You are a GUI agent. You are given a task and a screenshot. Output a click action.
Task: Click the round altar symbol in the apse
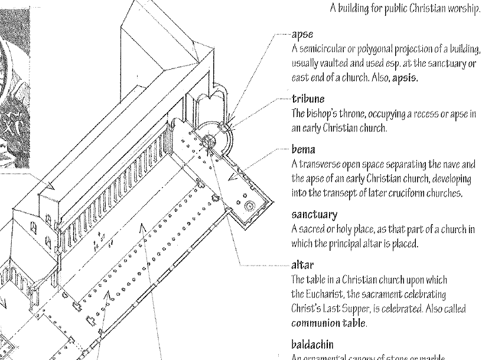tap(210, 140)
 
